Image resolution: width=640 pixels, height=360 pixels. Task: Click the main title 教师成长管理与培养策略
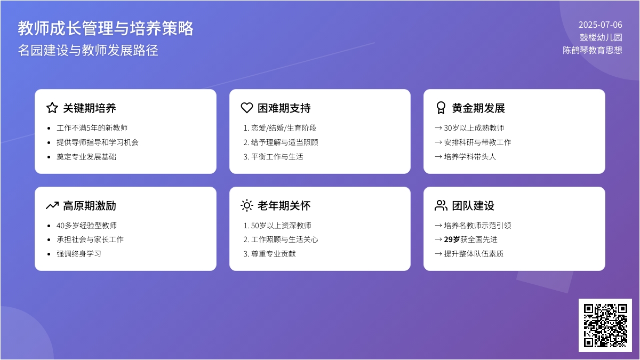[106, 28]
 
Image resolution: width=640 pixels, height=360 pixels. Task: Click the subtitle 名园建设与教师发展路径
[88, 50]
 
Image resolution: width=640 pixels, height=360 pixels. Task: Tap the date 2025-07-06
[601, 25]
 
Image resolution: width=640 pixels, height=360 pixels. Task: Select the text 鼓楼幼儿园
[601, 37]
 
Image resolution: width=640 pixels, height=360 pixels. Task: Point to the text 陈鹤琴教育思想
[593, 50]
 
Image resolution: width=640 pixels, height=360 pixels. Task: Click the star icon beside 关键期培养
[52, 108]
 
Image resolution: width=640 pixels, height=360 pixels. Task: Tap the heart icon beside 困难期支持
[247, 108]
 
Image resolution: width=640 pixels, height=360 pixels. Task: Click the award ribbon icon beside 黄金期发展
[441, 108]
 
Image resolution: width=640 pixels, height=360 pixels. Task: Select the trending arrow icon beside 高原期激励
[52, 205]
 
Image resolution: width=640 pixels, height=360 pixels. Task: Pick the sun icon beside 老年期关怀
[247, 205]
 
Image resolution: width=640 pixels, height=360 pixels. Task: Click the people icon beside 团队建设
[441, 205]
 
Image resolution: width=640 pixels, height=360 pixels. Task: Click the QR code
[605, 325]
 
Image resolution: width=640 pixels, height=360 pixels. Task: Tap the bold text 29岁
[452, 239]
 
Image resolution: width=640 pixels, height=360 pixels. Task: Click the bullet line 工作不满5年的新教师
[92, 128]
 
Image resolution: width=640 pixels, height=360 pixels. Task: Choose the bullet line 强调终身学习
[79, 254]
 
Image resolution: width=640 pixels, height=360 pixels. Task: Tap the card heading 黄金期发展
[478, 108]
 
